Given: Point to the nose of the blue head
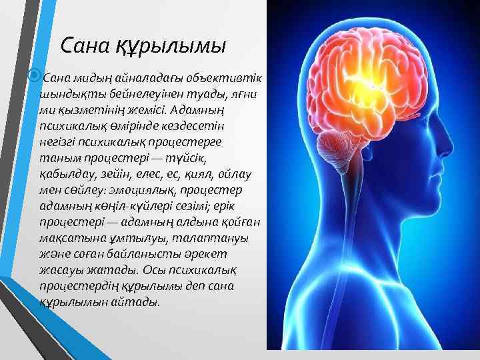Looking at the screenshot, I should [x=461, y=159].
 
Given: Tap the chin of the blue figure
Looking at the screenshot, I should [x=445, y=209].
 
